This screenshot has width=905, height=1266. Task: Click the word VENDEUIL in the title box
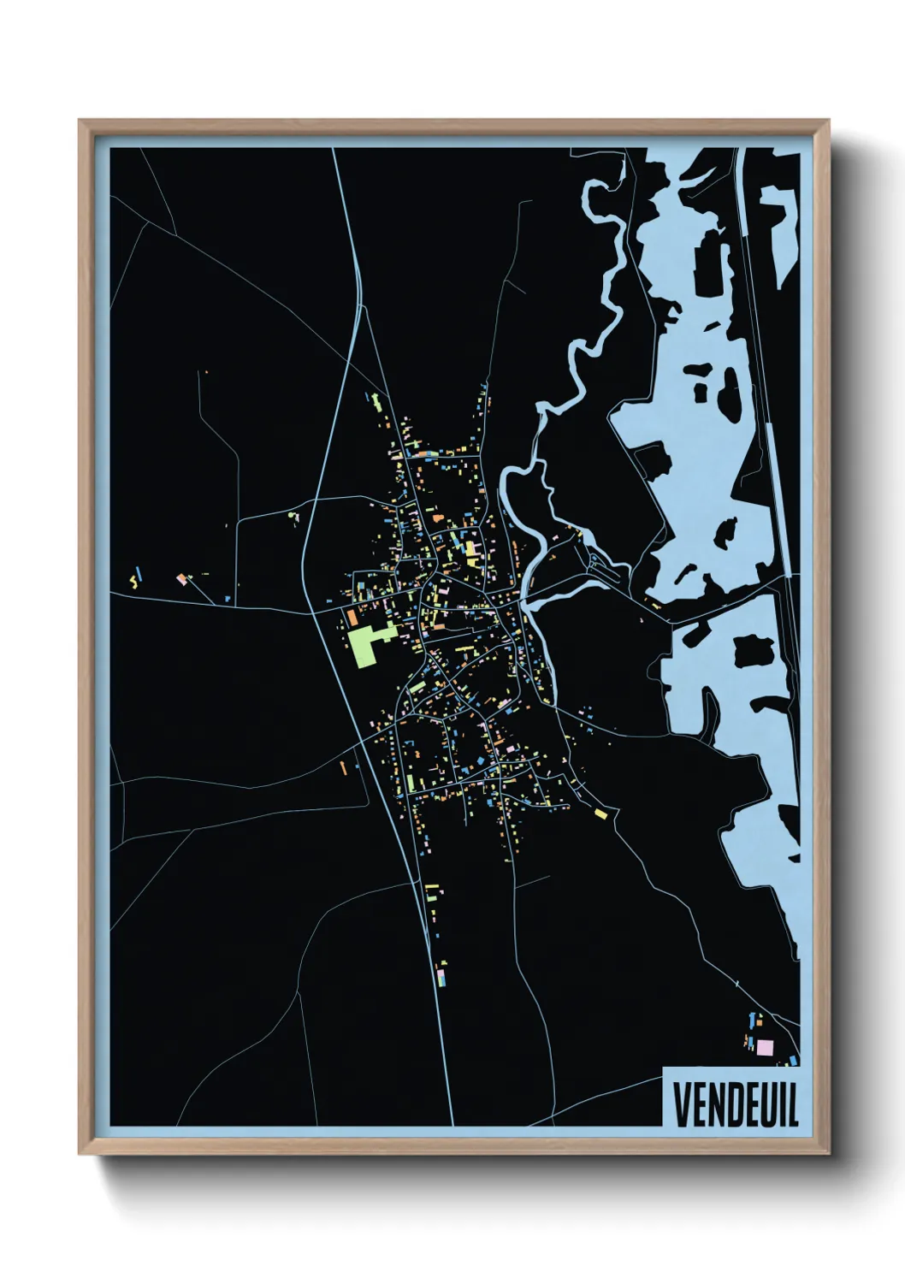tap(735, 1105)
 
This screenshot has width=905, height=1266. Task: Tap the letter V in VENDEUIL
tap(681, 1105)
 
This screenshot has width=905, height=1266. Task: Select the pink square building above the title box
tap(764, 1046)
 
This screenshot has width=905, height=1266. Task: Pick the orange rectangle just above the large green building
tap(352, 615)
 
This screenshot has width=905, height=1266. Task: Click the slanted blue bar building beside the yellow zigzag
tap(140, 571)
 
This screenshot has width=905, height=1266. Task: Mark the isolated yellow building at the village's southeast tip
tap(600, 813)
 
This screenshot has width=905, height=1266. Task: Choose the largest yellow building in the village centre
tap(470, 548)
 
